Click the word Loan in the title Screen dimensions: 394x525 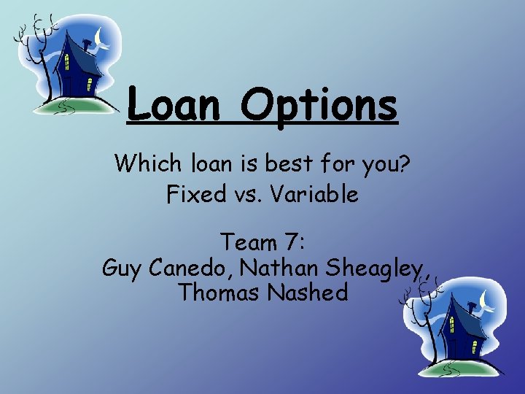[173, 105]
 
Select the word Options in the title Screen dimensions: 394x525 [320, 105]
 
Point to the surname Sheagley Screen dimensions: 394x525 [376, 269]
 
